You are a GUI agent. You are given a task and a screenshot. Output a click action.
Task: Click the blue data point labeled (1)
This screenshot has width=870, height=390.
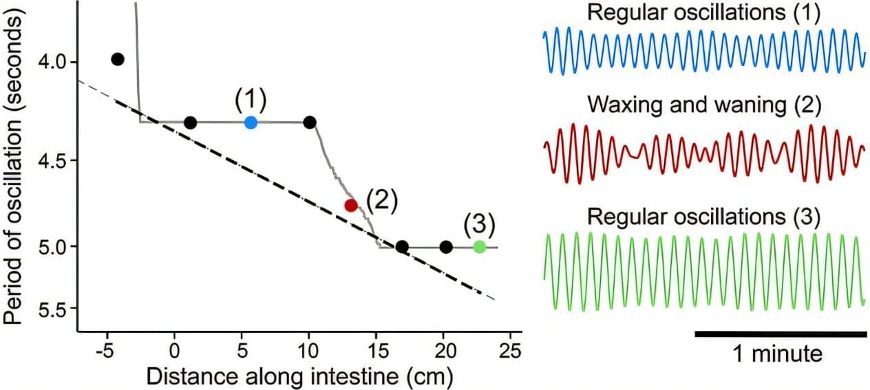coord(251,122)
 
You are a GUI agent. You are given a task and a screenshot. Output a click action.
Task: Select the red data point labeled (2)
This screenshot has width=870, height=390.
coord(351,205)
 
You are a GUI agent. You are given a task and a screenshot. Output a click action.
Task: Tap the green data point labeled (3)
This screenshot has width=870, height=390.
coord(479,247)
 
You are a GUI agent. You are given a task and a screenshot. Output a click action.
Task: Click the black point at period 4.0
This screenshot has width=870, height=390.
coord(118,59)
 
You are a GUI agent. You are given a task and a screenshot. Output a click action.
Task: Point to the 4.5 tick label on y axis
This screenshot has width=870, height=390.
coord(54,161)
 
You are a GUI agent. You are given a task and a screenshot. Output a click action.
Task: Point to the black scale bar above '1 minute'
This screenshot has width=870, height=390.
coord(781,334)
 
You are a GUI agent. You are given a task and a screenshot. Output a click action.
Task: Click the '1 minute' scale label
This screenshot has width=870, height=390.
coord(778,355)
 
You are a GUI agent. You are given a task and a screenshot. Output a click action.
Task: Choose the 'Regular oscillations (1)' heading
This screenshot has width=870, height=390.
coord(703,14)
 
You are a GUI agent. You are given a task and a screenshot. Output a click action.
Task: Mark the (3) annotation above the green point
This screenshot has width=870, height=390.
coord(479,224)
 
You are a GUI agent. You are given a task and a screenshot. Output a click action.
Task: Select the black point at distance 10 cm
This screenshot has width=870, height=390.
coord(310,122)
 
